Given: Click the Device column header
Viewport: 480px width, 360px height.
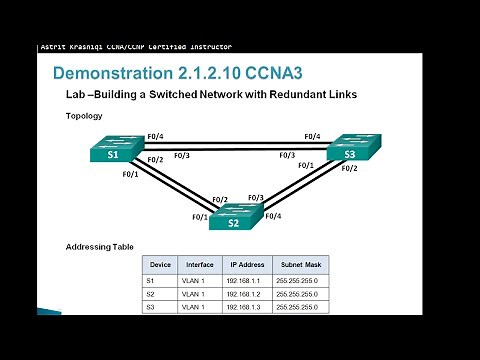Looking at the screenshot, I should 160,266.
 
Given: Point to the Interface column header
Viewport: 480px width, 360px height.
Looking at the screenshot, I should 199,266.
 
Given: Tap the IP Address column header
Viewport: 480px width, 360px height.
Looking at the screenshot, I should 246,266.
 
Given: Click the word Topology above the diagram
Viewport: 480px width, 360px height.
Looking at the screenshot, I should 83,116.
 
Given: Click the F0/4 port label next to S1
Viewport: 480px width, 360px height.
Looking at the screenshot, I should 156,137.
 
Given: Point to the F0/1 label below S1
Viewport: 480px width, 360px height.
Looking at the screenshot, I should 130,174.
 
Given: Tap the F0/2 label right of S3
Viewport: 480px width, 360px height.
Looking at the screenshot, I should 349,168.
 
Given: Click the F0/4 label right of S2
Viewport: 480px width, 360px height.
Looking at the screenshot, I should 272,216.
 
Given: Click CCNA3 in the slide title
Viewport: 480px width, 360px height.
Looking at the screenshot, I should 272,74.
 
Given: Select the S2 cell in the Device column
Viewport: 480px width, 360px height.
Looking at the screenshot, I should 151,294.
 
